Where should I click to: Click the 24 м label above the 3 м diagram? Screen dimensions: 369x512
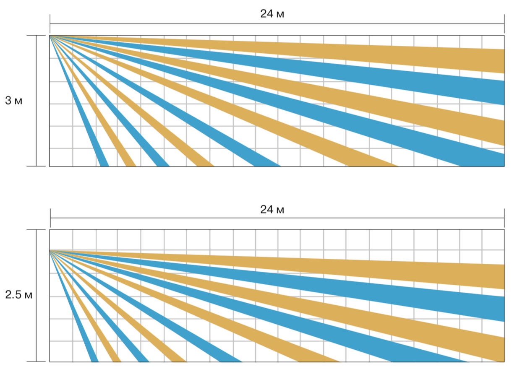[x=272, y=14]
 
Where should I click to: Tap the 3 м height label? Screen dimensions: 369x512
[x=13, y=101]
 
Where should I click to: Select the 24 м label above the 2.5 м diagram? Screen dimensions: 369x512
[x=272, y=209]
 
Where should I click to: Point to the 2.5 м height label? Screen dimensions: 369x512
[x=18, y=295]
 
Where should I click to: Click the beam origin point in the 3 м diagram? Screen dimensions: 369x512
[x=50, y=36]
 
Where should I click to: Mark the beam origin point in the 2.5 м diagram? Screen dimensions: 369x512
[x=50, y=250]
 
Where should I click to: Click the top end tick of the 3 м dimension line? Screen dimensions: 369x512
[x=36, y=36]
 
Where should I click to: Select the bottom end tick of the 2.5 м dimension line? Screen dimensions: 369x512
[x=36, y=361]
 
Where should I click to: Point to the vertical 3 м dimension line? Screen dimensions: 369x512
[x=36, y=126]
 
